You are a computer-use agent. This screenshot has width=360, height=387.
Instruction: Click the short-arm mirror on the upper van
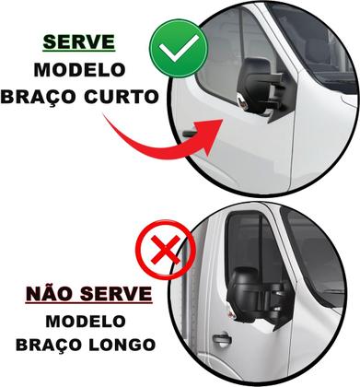pyautogui.click(x=261, y=88)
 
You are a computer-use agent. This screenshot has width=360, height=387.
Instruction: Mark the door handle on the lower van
pyautogui.click(x=220, y=339)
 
